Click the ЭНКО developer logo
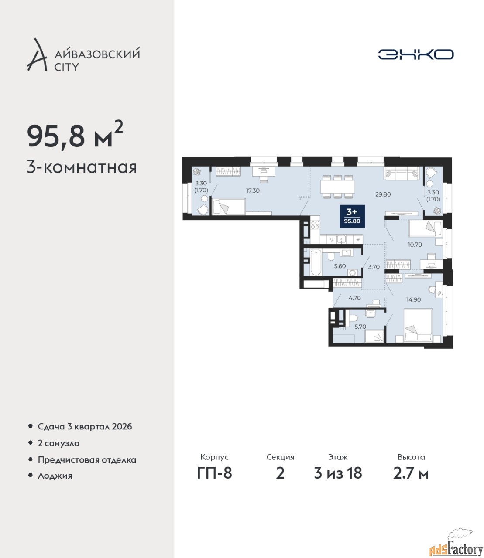pos(415,54)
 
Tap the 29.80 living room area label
pos(383,194)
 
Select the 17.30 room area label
pos(253,191)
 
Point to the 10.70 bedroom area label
pos(415,245)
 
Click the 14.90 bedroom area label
pos(413,299)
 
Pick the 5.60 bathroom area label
pos(340,266)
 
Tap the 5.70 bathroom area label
pos(360,327)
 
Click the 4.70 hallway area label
pos(354,298)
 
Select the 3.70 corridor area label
pos(374,267)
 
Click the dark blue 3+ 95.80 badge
pos(352,216)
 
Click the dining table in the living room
pos(338,187)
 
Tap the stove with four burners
pos(315,225)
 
